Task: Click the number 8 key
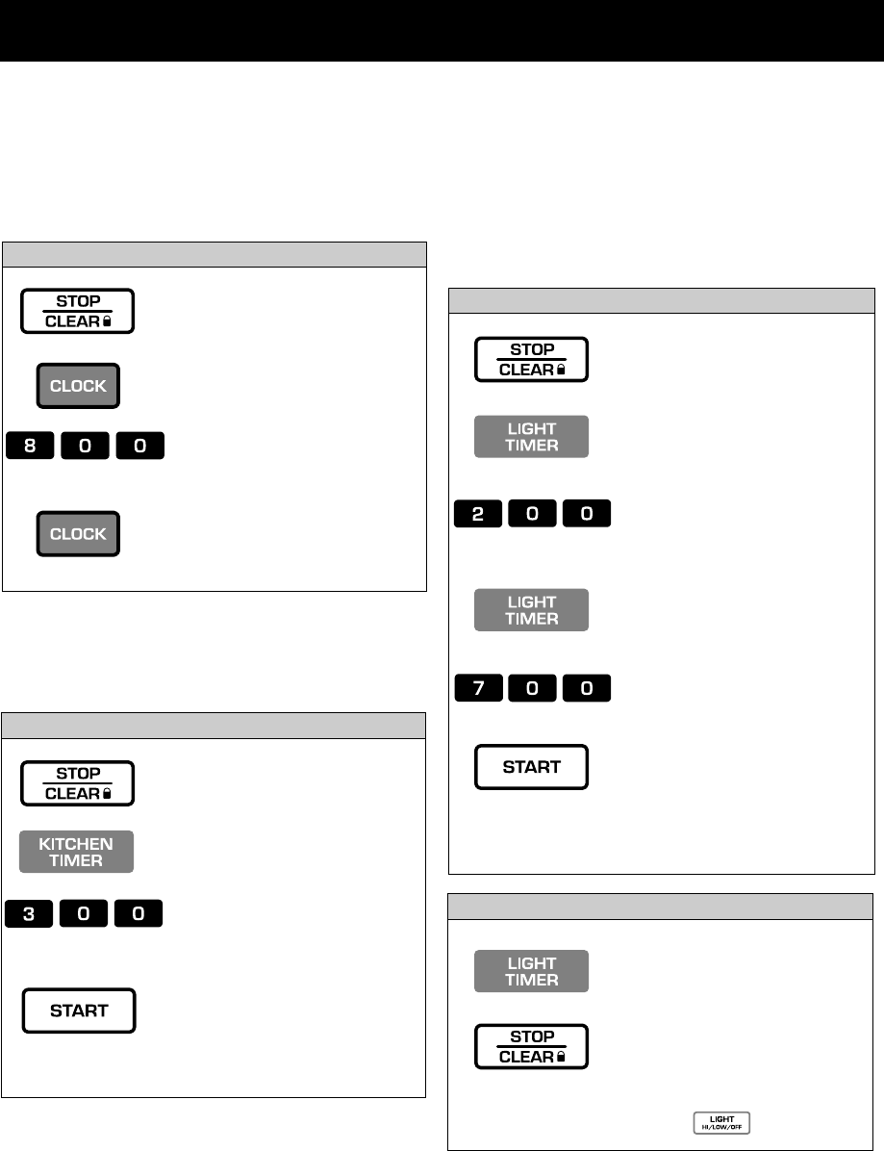point(31,447)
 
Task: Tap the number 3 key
point(31,913)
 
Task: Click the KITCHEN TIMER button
point(77,852)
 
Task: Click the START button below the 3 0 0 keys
point(79,1010)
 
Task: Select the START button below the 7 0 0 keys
point(531,767)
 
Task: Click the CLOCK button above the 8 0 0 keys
point(78,387)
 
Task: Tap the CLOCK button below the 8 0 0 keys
point(78,534)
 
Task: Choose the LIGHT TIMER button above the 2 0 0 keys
point(531,437)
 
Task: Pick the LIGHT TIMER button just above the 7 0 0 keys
point(531,610)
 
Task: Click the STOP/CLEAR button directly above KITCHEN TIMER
point(78,783)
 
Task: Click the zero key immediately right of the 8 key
point(85,447)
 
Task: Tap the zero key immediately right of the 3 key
point(85,913)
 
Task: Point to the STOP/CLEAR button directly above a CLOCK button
point(78,312)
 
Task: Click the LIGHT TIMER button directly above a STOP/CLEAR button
point(531,971)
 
